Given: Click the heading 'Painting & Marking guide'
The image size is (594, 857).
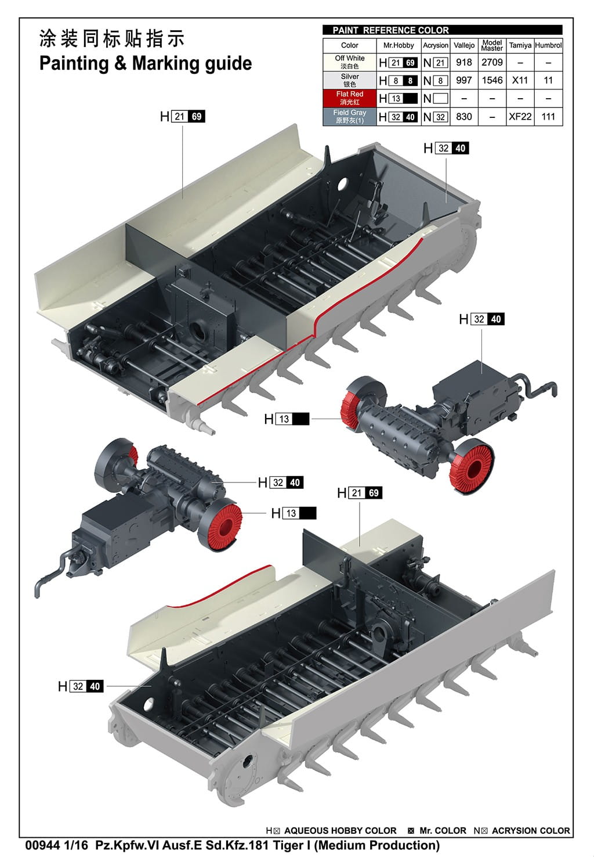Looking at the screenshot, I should tap(145, 63).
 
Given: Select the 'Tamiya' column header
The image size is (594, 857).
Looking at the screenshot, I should tap(520, 45).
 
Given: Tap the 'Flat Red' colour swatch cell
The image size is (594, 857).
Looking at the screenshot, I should tap(349, 98).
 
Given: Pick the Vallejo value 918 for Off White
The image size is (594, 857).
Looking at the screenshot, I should tap(464, 62).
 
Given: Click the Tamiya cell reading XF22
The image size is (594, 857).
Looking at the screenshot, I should tap(520, 117).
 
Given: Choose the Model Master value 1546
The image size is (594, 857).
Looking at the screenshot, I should tap(492, 80).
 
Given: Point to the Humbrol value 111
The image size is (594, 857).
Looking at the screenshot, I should tap(548, 117).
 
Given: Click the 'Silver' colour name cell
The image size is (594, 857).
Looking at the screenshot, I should tap(349, 80).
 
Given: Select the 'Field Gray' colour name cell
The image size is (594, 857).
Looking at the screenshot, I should tap(349, 116).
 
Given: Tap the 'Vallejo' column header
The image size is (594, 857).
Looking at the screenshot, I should tap(464, 45).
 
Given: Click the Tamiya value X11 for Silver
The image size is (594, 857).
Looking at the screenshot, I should tap(520, 80).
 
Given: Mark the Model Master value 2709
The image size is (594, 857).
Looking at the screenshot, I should tap(492, 62).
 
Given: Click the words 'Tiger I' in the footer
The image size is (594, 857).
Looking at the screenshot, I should tap(292, 845).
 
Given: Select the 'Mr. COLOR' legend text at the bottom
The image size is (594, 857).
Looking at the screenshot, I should tap(443, 831).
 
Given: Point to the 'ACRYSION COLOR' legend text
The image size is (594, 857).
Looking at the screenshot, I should tap(531, 831).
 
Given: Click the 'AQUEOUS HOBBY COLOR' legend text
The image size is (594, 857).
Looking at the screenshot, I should tap(340, 831).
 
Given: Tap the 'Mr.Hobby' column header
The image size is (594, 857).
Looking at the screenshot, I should tap(399, 45).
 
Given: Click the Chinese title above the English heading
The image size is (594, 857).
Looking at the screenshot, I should tap(111, 39).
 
